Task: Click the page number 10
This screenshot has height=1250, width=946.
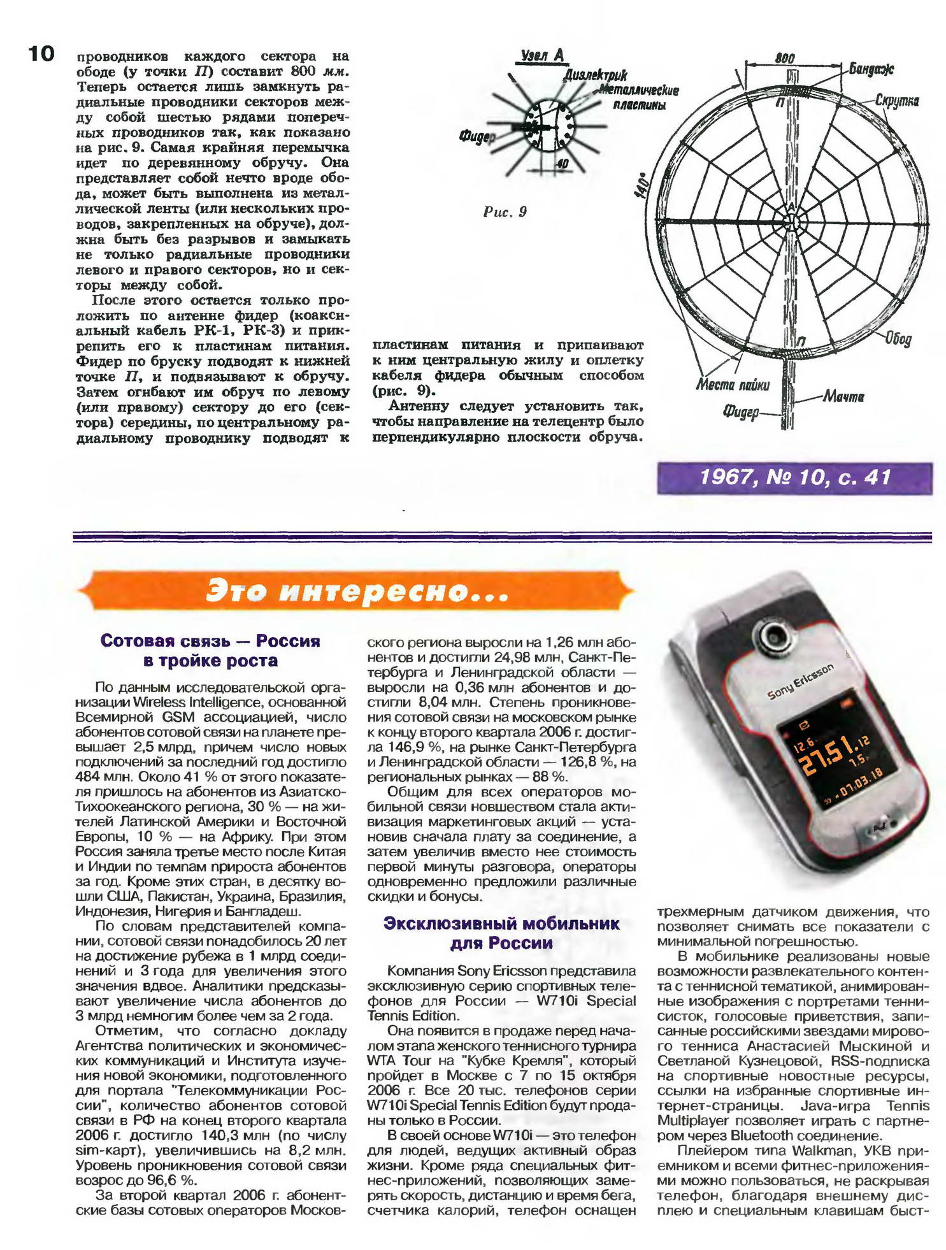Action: (41, 54)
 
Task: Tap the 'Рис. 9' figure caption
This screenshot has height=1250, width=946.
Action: (505, 212)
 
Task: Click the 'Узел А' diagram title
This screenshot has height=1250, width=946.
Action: (542, 55)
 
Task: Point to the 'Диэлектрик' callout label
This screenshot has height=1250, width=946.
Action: (595, 75)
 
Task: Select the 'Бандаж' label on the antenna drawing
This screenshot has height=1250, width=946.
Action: (871, 69)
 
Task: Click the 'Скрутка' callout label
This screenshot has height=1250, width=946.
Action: (896, 101)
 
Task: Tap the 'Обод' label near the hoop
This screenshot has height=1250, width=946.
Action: (898, 338)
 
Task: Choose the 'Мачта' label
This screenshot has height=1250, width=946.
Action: (843, 396)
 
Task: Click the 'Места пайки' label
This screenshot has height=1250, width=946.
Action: (733, 385)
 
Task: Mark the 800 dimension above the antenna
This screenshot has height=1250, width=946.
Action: (784, 58)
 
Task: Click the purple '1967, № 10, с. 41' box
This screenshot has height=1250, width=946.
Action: (794, 478)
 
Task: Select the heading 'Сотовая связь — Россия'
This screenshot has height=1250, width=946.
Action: (210, 641)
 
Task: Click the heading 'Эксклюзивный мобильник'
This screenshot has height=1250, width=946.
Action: (501, 924)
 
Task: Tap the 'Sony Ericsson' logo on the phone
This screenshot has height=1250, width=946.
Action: (800, 682)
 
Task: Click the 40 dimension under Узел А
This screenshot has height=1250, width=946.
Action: (562, 164)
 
